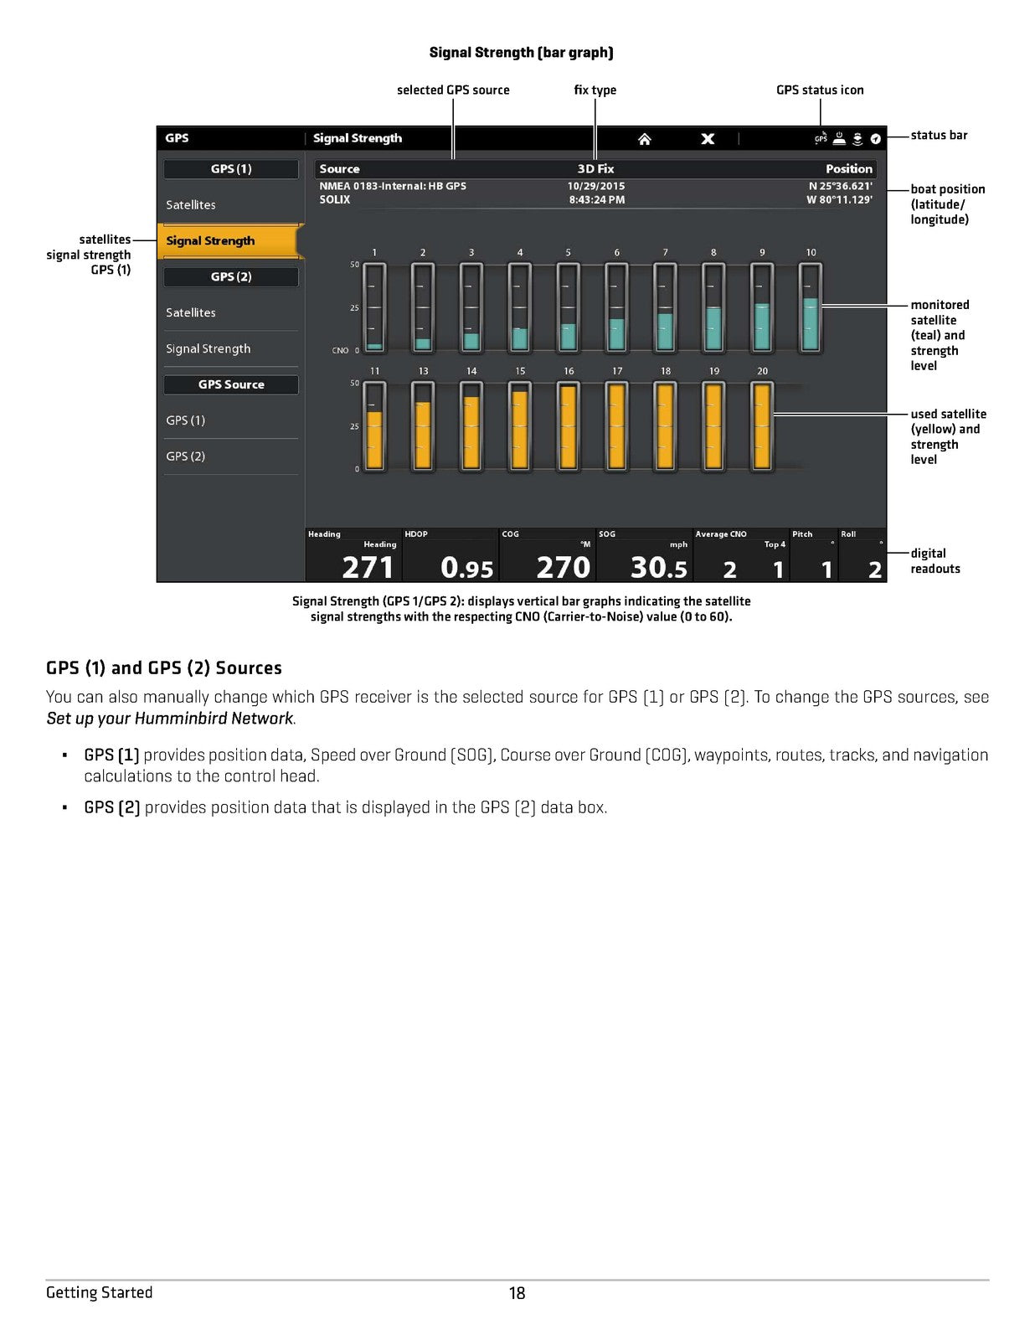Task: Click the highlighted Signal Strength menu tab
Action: (228, 241)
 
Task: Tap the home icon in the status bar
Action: (644, 139)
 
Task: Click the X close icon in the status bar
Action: (708, 139)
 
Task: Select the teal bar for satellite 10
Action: (811, 324)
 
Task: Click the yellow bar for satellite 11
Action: (374, 440)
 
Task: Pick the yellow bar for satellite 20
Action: (762, 427)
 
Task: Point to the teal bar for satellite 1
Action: (374, 346)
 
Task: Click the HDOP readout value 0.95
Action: (466, 568)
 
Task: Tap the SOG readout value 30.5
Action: (658, 568)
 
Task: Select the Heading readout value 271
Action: (367, 568)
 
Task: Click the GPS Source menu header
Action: (231, 384)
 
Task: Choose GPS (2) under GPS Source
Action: (186, 456)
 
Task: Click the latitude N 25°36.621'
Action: (840, 186)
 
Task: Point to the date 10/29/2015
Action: (595, 186)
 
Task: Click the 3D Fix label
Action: (595, 169)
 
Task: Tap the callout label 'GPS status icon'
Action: (820, 90)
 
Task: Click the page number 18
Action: (517, 1293)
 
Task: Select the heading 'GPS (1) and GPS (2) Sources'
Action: (164, 668)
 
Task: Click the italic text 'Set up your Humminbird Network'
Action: (170, 719)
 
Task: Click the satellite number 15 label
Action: (520, 371)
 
